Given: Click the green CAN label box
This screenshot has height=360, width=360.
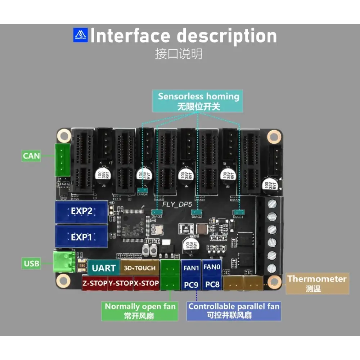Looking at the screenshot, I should (31, 156).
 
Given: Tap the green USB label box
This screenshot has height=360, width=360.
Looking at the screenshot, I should (32, 264).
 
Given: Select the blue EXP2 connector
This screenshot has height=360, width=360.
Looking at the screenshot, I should (81, 211).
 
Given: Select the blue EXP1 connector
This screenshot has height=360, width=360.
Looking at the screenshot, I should (81, 237).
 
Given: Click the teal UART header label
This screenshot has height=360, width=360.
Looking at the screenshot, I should (104, 268).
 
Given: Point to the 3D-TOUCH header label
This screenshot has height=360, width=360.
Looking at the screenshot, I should (140, 268).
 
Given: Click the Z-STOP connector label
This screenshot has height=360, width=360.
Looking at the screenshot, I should (95, 283).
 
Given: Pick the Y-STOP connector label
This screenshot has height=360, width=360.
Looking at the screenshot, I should (121, 283).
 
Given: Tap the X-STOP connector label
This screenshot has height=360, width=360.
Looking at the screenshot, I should (146, 283).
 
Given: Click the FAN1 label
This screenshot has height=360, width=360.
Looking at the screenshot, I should (191, 268).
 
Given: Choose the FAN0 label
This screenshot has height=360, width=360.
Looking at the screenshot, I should (212, 267).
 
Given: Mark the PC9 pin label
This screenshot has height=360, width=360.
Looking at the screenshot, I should (191, 284).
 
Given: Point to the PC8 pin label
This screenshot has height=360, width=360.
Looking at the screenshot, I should (212, 284).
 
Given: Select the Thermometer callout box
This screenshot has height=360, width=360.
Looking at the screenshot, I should (317, 283).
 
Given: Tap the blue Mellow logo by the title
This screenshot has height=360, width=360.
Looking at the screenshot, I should (80, 35).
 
